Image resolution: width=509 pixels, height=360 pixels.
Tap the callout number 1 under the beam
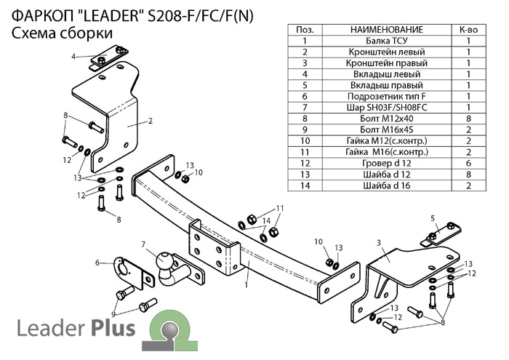(247, 285)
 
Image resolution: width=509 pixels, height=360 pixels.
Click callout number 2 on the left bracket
(150, 121)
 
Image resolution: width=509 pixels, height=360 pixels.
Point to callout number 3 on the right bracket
(379, 243)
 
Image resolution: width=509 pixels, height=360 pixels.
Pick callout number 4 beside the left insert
(73, 57)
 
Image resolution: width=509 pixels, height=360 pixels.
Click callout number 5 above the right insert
(433, 218)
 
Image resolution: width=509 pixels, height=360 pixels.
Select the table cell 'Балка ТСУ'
(387, 41)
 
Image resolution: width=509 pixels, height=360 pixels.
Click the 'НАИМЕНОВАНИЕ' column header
(387, 30)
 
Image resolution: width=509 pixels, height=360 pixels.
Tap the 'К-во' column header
(468, 30)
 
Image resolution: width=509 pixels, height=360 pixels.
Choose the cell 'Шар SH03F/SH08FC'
(387, 108)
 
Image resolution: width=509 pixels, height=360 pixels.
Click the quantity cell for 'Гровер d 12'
(468, 164)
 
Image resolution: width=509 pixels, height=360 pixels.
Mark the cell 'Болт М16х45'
(387, 130)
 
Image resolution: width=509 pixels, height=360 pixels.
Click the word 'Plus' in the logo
(113, 327)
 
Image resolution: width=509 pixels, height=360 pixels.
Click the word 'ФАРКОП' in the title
(43, 16)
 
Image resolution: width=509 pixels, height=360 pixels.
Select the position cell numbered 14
(305, 185)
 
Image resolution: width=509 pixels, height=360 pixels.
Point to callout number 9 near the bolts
(113, 314)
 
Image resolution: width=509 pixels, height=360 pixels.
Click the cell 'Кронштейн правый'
(387, 63)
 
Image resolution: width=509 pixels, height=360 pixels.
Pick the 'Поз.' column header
(305, 30)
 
